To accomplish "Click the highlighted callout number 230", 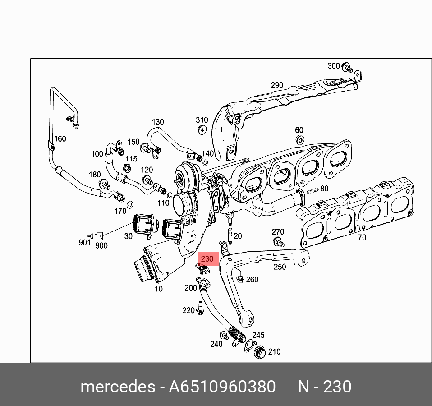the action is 207,259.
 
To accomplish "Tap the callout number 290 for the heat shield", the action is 277,85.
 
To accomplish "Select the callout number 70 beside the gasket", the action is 362,237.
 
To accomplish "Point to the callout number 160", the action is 60,138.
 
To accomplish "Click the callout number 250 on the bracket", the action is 280,267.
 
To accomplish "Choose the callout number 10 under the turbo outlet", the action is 159,288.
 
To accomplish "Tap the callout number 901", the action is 84,242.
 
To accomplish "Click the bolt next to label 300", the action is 347,68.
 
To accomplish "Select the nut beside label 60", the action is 299,139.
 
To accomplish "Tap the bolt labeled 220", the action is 200,310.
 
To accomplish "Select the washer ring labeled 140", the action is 206,162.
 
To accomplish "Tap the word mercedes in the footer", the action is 117,387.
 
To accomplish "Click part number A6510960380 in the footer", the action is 222,387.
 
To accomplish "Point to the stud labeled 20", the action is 230,236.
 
